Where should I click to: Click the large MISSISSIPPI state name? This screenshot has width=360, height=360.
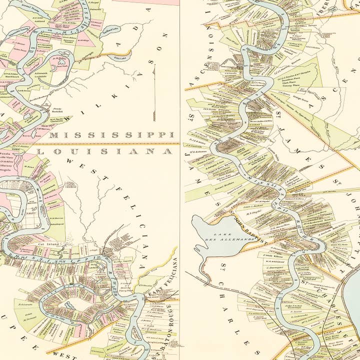(111, 135)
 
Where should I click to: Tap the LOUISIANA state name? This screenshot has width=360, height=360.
(105, 151)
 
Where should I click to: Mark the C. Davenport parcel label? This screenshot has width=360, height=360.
(275, 267)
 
